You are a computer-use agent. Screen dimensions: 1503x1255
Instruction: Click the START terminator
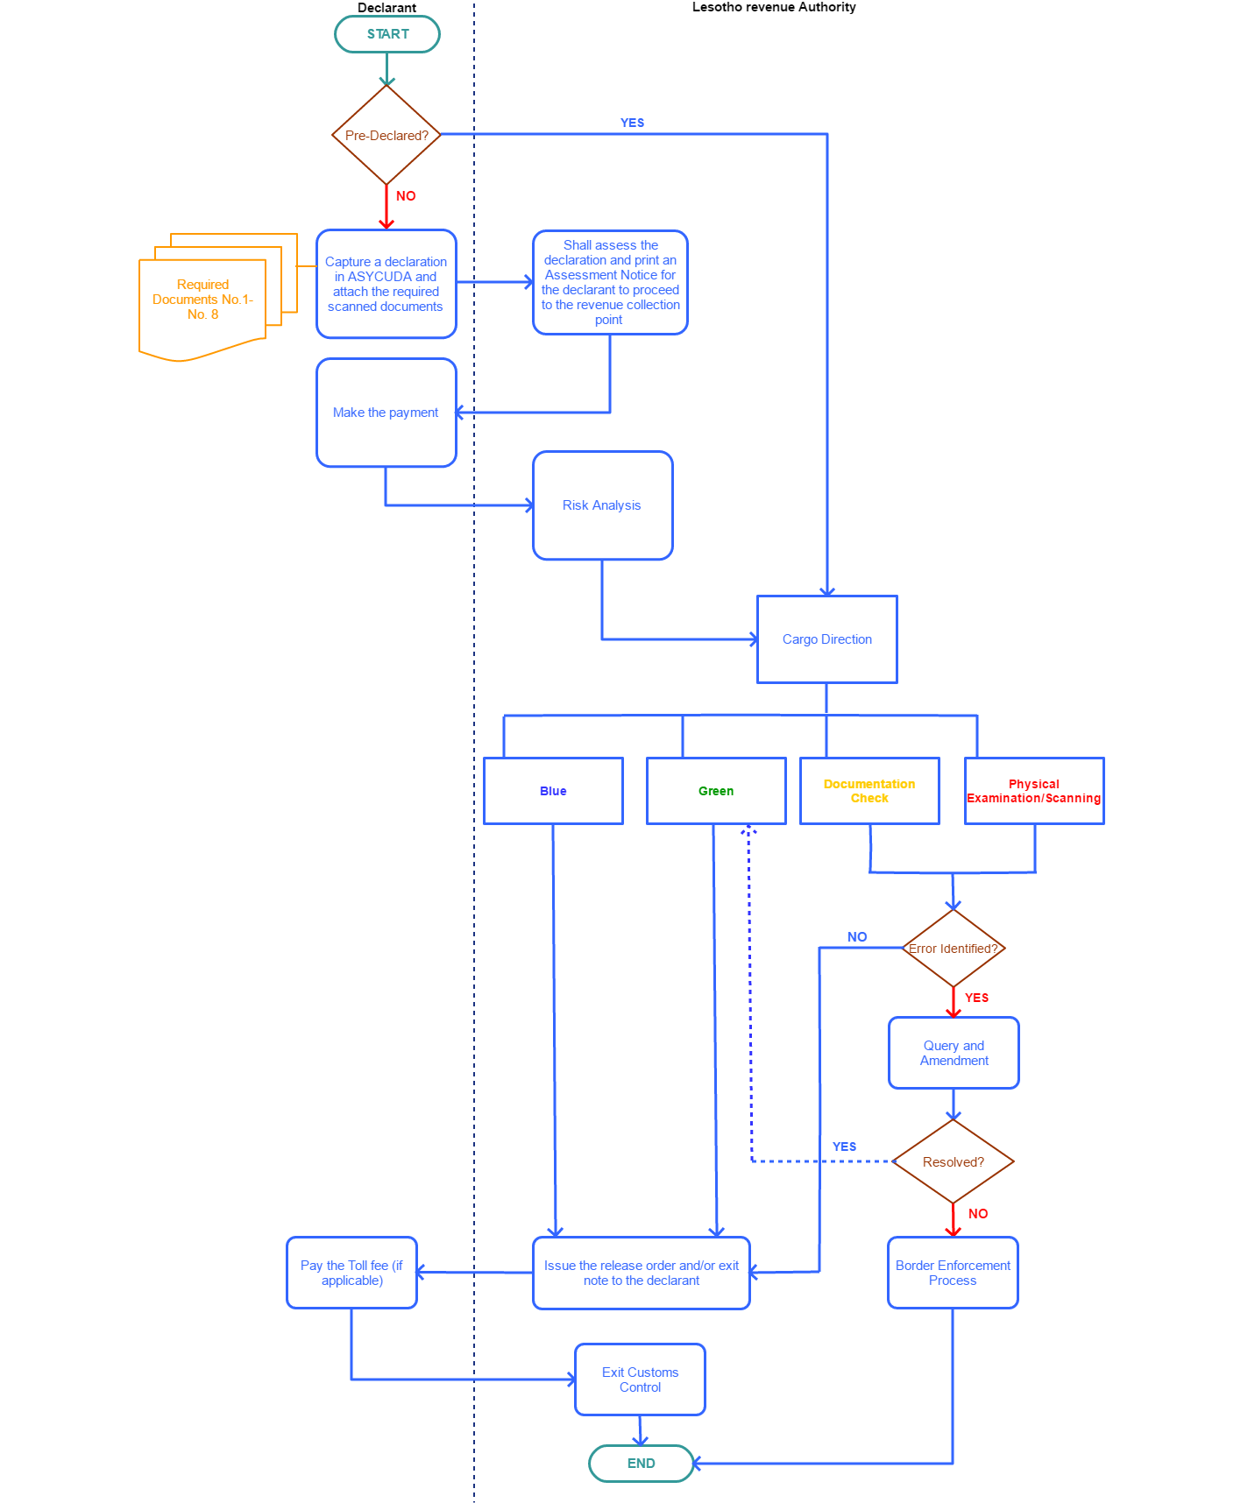[387, 34]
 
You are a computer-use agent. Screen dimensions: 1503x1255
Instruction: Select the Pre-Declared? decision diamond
[386, 135]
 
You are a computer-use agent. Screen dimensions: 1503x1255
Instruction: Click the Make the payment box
[386, 413]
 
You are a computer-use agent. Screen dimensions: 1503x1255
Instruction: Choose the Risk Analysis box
[602, 505]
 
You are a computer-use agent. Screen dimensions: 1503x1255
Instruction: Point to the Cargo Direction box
[826, 639]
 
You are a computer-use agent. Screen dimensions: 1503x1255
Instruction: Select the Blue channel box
[553, 791]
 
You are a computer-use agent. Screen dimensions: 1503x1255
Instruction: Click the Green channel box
[716, 791]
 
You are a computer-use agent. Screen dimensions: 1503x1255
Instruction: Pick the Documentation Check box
[869, 791]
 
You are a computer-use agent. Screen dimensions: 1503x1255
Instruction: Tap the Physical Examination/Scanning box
[1034, 791]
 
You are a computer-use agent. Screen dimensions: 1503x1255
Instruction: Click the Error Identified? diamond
[954, 949]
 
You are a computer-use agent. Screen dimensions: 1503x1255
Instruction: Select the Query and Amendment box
[954, 1053]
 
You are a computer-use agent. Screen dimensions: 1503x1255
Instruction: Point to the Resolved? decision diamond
[954, 1162]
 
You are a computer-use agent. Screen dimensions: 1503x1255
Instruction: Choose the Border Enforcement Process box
[953, 1273]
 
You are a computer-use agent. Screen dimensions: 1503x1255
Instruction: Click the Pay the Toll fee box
[351, 1273]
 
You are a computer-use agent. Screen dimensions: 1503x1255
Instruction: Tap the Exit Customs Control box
[640, 1380]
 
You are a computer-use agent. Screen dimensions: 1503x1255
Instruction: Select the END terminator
[641, 1464]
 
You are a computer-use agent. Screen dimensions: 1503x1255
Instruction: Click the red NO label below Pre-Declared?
[406, 196]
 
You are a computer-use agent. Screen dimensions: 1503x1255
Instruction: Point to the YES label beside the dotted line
[844, 1147]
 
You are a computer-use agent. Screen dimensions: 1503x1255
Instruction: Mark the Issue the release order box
[642, 1273]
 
